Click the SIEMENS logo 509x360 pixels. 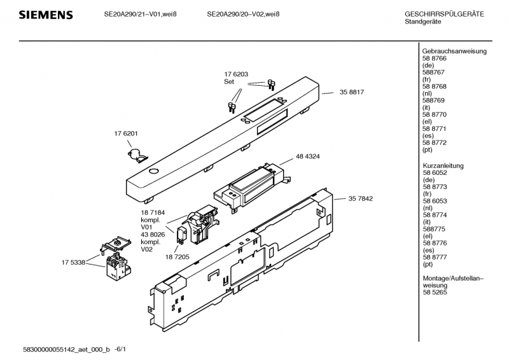point(45,15)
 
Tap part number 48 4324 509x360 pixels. point(307,156)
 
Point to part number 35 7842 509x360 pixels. point(360,198)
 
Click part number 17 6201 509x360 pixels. point(126,134)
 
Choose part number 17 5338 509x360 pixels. point(74,261)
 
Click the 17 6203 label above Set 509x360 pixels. point(235,74)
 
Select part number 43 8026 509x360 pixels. point(153,234)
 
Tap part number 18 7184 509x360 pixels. point(153,212)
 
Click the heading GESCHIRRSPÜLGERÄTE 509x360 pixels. point(444,14)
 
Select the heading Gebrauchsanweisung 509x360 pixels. point(454,51)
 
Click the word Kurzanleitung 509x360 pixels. point(443,165)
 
